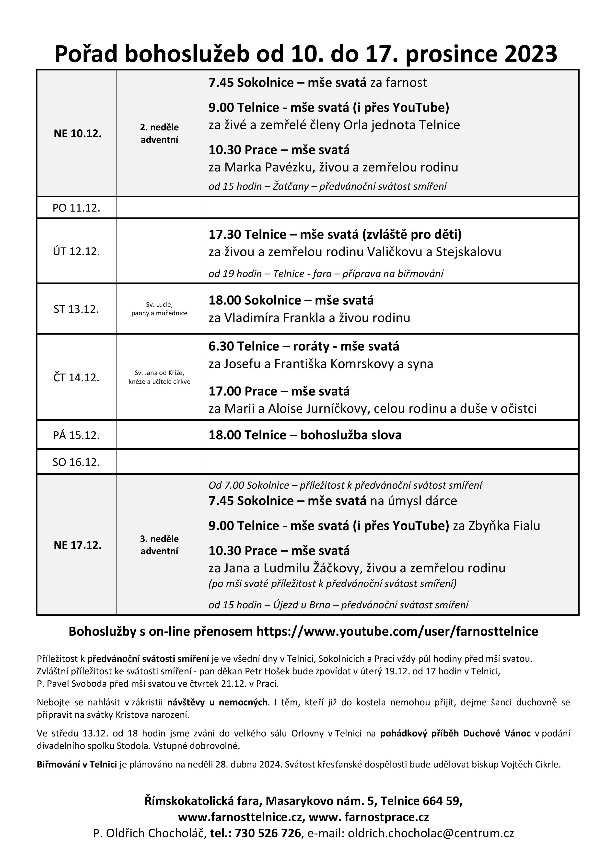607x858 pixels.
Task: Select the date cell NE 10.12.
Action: coord(77,134)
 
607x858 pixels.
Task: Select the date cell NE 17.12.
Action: coord(77,545)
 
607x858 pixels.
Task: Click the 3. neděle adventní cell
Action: coord(159,545)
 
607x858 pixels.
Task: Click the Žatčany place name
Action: coord(291,186)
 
